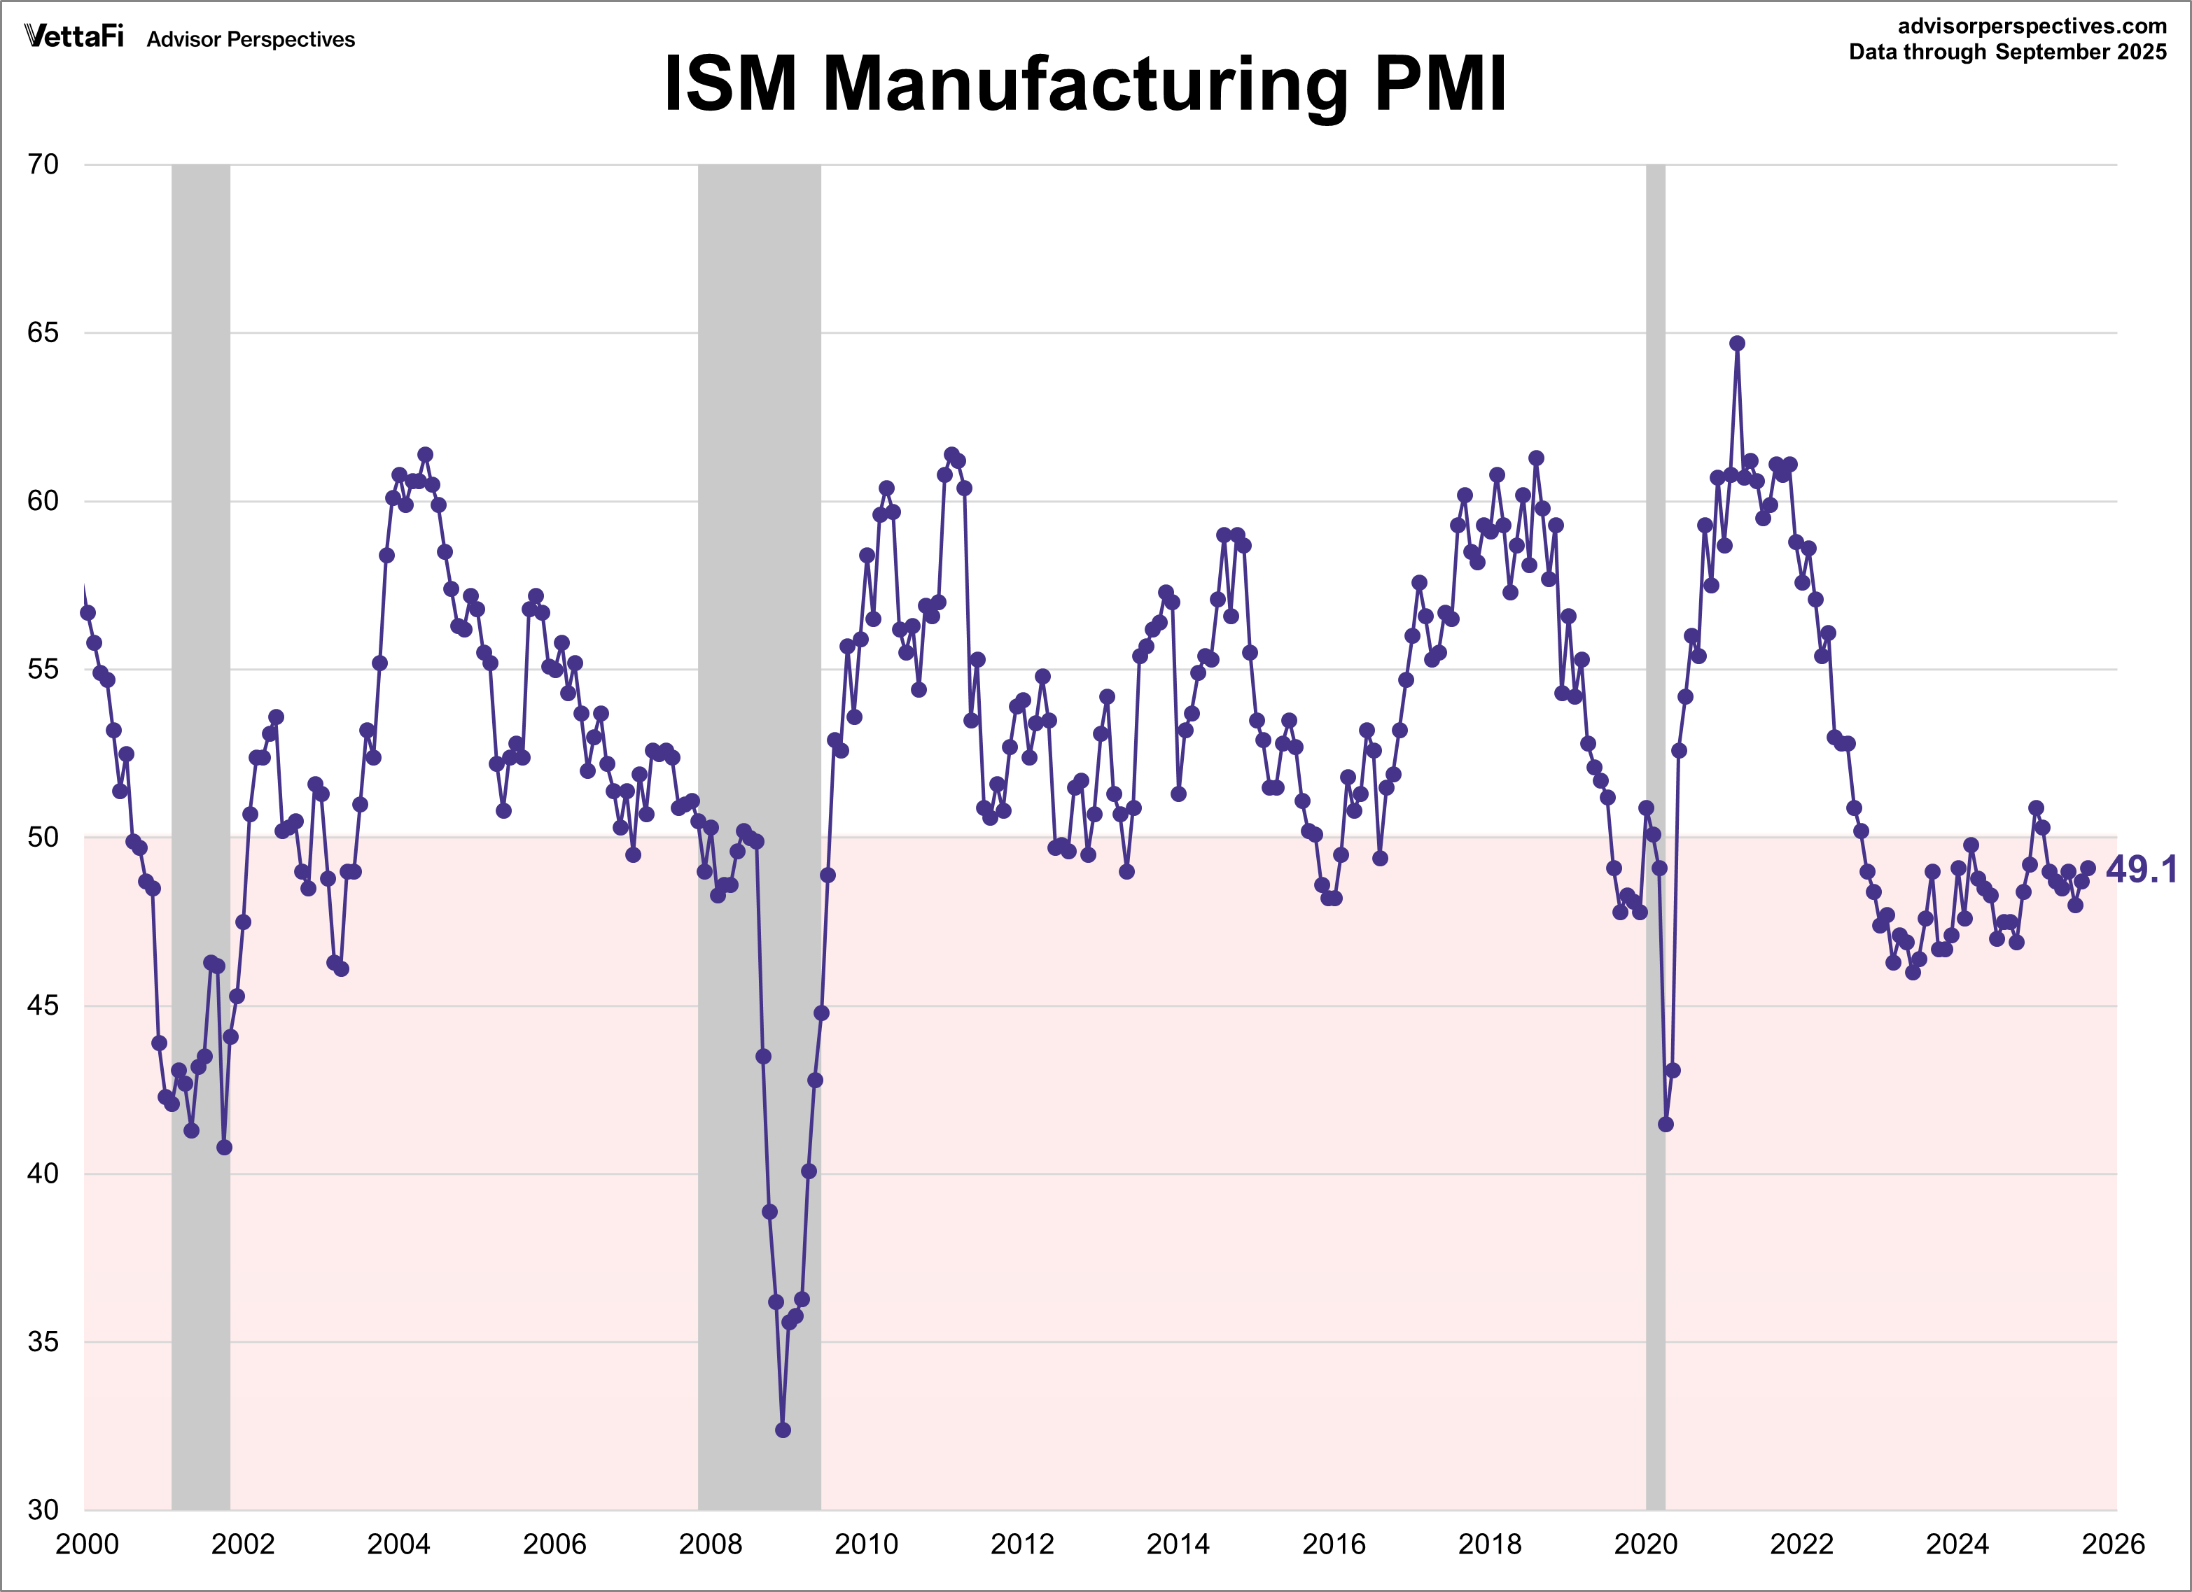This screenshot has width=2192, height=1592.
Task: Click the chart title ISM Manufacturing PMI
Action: (x=1084, y=84)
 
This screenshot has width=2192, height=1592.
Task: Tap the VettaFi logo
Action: (x=74, y=36)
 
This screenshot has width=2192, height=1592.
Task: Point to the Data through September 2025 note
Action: (x=2007, y=52)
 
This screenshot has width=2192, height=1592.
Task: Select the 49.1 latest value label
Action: (x=2141, y=869)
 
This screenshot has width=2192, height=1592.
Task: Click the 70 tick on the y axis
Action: (x=43, y=164)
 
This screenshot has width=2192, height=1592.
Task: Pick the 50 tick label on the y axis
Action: (x=43, y=836)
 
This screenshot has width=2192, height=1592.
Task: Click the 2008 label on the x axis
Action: (x=711, y=1544)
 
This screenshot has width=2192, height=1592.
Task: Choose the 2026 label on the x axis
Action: (x=2114, y=1544)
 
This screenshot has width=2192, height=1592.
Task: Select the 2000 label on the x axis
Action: (x=87, y=1544)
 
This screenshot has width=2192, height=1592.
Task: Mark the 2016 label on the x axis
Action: (x=1334, y=1544)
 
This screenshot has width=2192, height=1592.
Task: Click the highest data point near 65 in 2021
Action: (x=1737, y=343)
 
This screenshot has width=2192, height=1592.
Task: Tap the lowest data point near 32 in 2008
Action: (x=783, y=1430)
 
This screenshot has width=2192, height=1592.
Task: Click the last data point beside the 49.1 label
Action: (x=2088, y=868)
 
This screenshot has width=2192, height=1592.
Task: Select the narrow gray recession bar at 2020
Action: (x=1656, y=676)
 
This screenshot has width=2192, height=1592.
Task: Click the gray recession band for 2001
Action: (x=201, y=676)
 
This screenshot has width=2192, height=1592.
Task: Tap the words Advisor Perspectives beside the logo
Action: (x=251, y=40)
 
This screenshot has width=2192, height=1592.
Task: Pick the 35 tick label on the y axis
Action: (x=43, y=1341)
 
